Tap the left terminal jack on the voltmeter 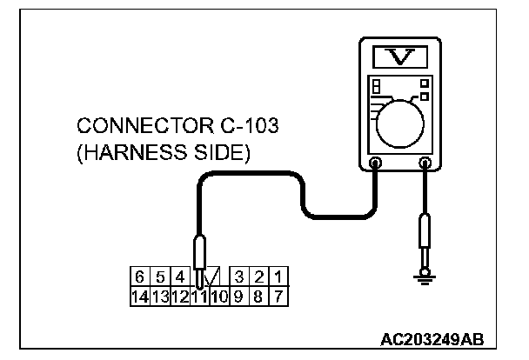click(376, 161)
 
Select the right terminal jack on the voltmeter click(425, 161)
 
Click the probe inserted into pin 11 click(200, 257)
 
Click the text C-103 click(246, 127)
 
